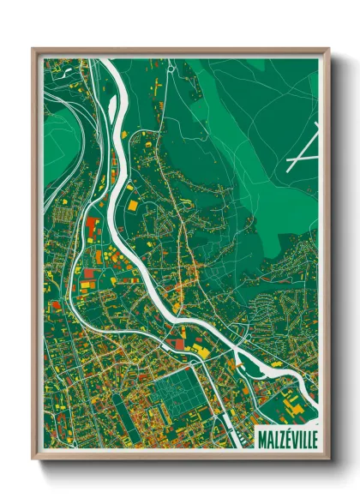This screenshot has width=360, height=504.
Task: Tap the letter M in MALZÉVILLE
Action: click(x=262, y=440)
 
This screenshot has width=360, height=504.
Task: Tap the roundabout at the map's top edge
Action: click(x=171, y=66)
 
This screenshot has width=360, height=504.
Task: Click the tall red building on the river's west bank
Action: click(x=93, y=228)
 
